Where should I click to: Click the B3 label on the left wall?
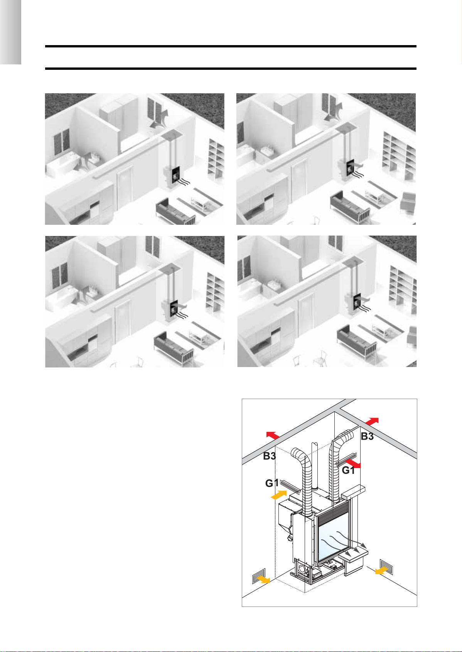(x=269, y=456)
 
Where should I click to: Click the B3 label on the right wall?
(x=367, y=436)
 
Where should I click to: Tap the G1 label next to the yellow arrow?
(x=271, y=483)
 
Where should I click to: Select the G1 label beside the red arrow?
(x=348, y=470)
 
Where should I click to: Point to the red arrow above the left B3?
(x=273, y=435)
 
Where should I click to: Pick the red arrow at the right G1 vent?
(x=353, y=463)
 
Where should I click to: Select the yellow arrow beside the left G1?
(x=279, y=495)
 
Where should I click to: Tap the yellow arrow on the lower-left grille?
(x=264, y=579)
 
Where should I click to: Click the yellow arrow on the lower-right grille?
(x=382, y=570)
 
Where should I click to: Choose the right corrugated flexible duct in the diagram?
(x=338, y=463)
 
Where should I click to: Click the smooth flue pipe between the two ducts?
(x=315, y=466)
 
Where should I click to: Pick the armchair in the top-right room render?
(x=408, y=202)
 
